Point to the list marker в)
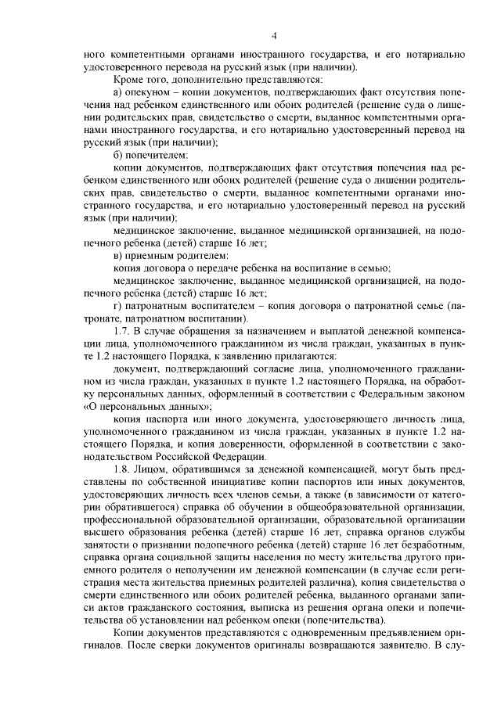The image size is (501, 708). click(119, 255)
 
